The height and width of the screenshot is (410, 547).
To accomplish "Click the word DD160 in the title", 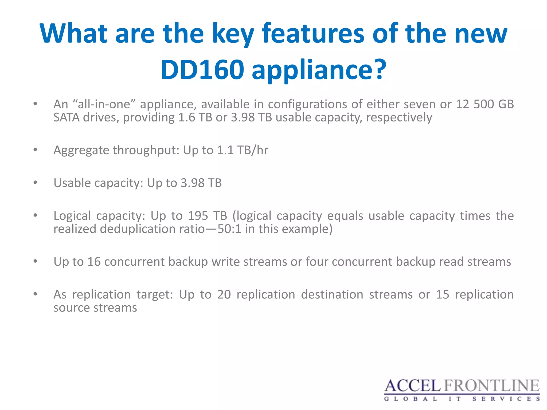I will pyautogui.click(x=202, y=70).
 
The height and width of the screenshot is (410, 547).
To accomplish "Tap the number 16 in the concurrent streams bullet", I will pyautogui.click(x=94, y=262).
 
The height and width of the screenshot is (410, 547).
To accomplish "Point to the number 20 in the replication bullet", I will pyautogui.click(x=224, y=294).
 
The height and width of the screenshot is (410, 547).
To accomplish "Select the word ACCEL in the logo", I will pyautogui.click(x=412, y=386).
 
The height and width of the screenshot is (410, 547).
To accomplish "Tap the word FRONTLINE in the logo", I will pyautogui.click(x=492, y=386).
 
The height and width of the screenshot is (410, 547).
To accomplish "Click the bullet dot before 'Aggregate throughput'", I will pyautogui.click(x=35, y=150).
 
